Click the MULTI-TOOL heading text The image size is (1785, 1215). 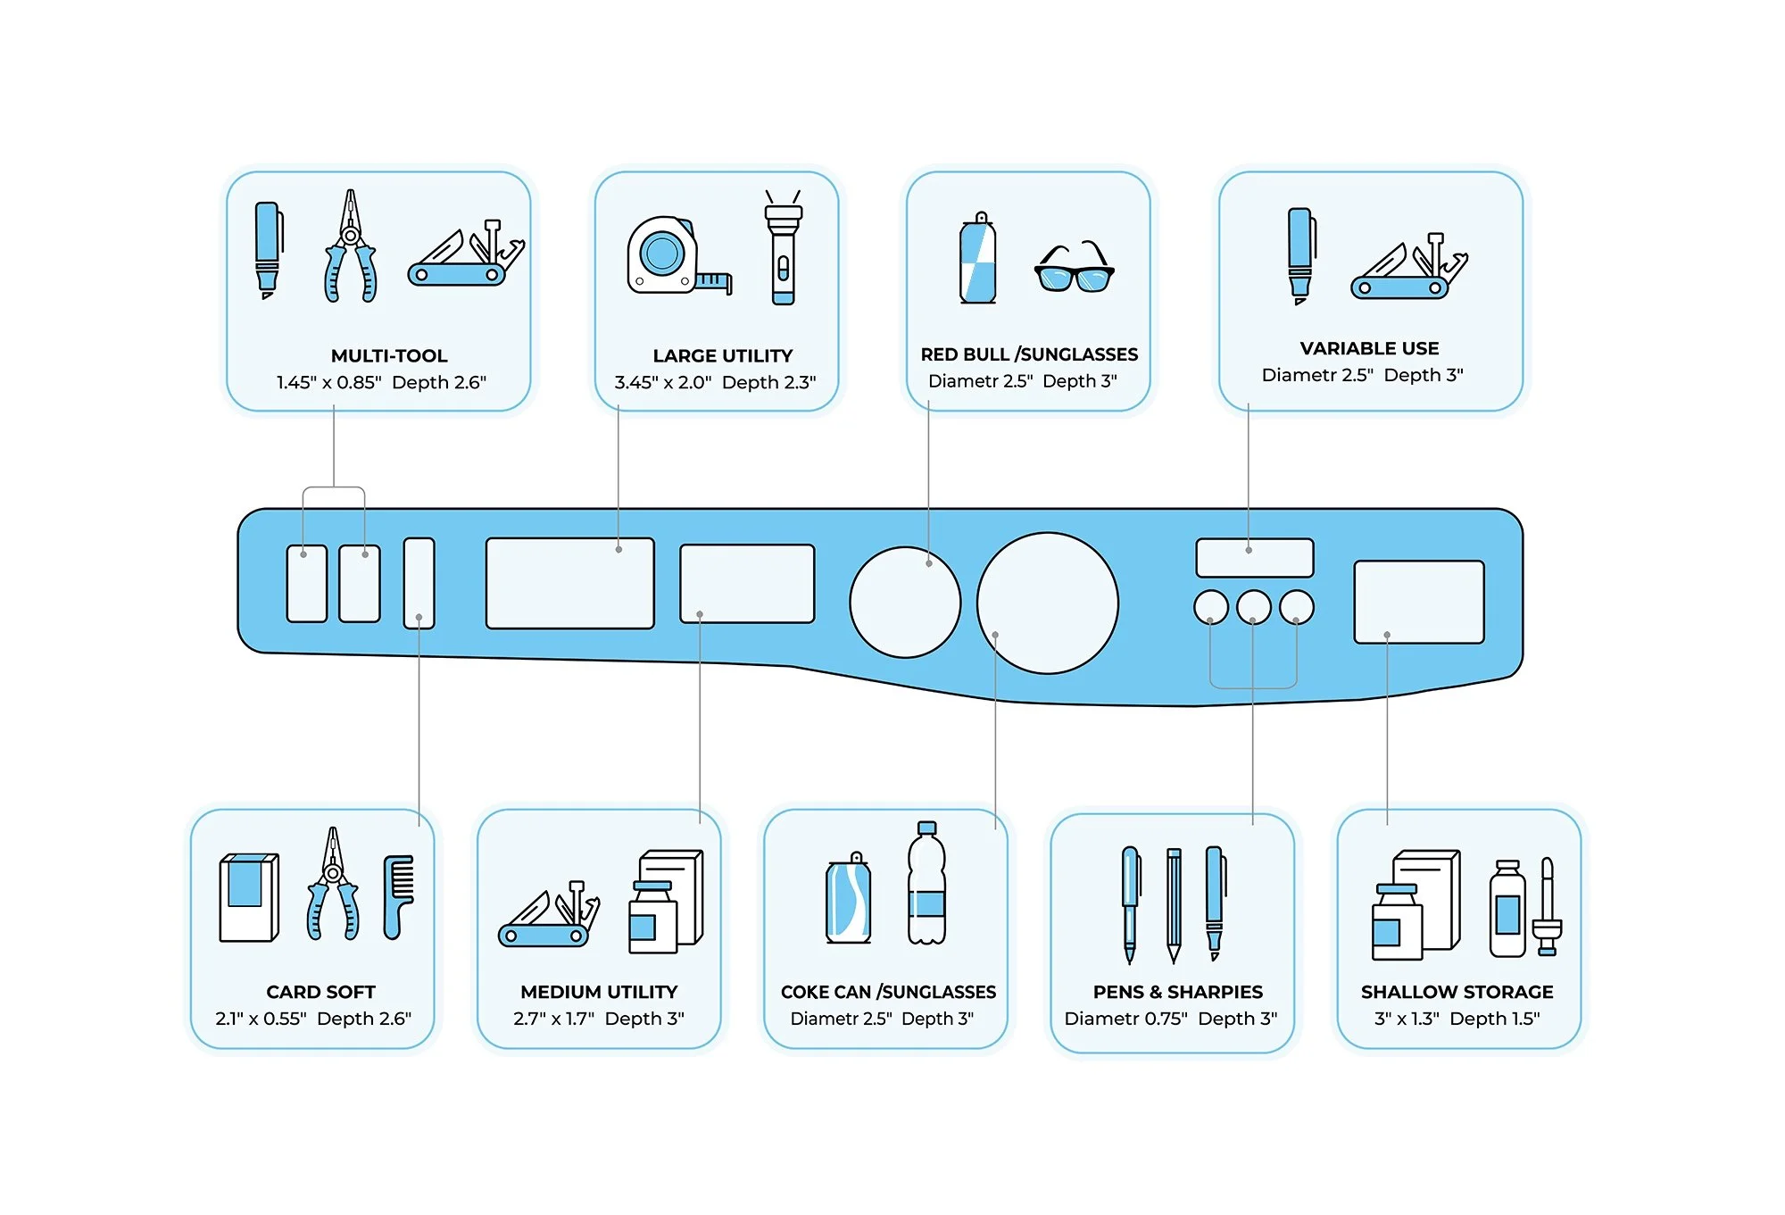pos(389,355)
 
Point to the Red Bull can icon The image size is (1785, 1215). pos(978,260)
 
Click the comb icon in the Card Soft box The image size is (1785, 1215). pos(398,896)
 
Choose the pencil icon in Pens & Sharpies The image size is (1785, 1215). pos(1173,903)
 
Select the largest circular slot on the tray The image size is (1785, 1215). pos(1047,603)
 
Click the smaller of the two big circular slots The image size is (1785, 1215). pos(904,603)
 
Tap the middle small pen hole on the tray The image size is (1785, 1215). pos(1253,607)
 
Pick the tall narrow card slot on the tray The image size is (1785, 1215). pos(419,582)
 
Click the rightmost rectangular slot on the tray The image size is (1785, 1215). pos(1418,601)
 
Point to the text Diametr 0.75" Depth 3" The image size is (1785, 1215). pos(1171,1019)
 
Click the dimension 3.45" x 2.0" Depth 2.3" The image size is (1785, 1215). pos(715,382)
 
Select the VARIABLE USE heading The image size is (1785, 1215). pos(1369,348)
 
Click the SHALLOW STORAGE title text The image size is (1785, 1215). pos(1457,992)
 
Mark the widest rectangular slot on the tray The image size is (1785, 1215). pos(569,583)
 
